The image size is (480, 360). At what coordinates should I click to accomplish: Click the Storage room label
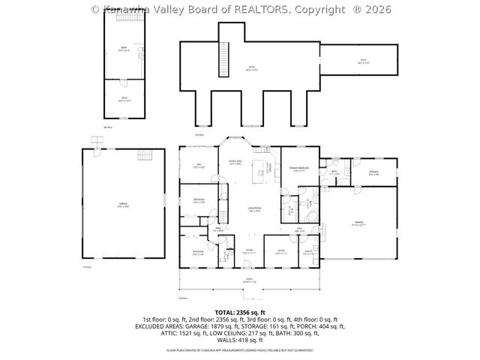tap(373, 173)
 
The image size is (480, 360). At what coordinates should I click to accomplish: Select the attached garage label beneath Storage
tap(358, 222)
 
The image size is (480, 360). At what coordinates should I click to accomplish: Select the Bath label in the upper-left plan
tap(124, 49)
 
